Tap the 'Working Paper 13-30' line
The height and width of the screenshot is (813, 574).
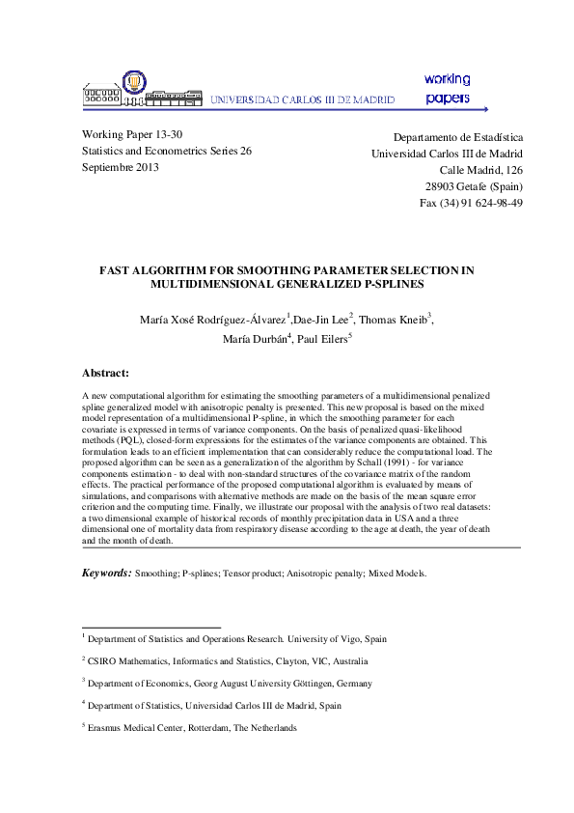(x=132, y=135)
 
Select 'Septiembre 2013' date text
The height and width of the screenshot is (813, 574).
(x=121, y=167)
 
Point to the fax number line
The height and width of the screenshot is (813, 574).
(x=471, y=203)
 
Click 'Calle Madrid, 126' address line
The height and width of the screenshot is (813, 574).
(x=481, y=170)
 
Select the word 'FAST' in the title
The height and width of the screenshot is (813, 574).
(x=118, y=271)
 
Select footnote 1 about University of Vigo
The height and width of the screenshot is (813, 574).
(x=237, y=638)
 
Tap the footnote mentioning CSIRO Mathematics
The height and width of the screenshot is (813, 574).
(x=227, y=661)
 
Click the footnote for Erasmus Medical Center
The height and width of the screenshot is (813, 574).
(x=192, y=728)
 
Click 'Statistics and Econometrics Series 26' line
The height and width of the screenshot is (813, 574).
(x=167, y=152)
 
